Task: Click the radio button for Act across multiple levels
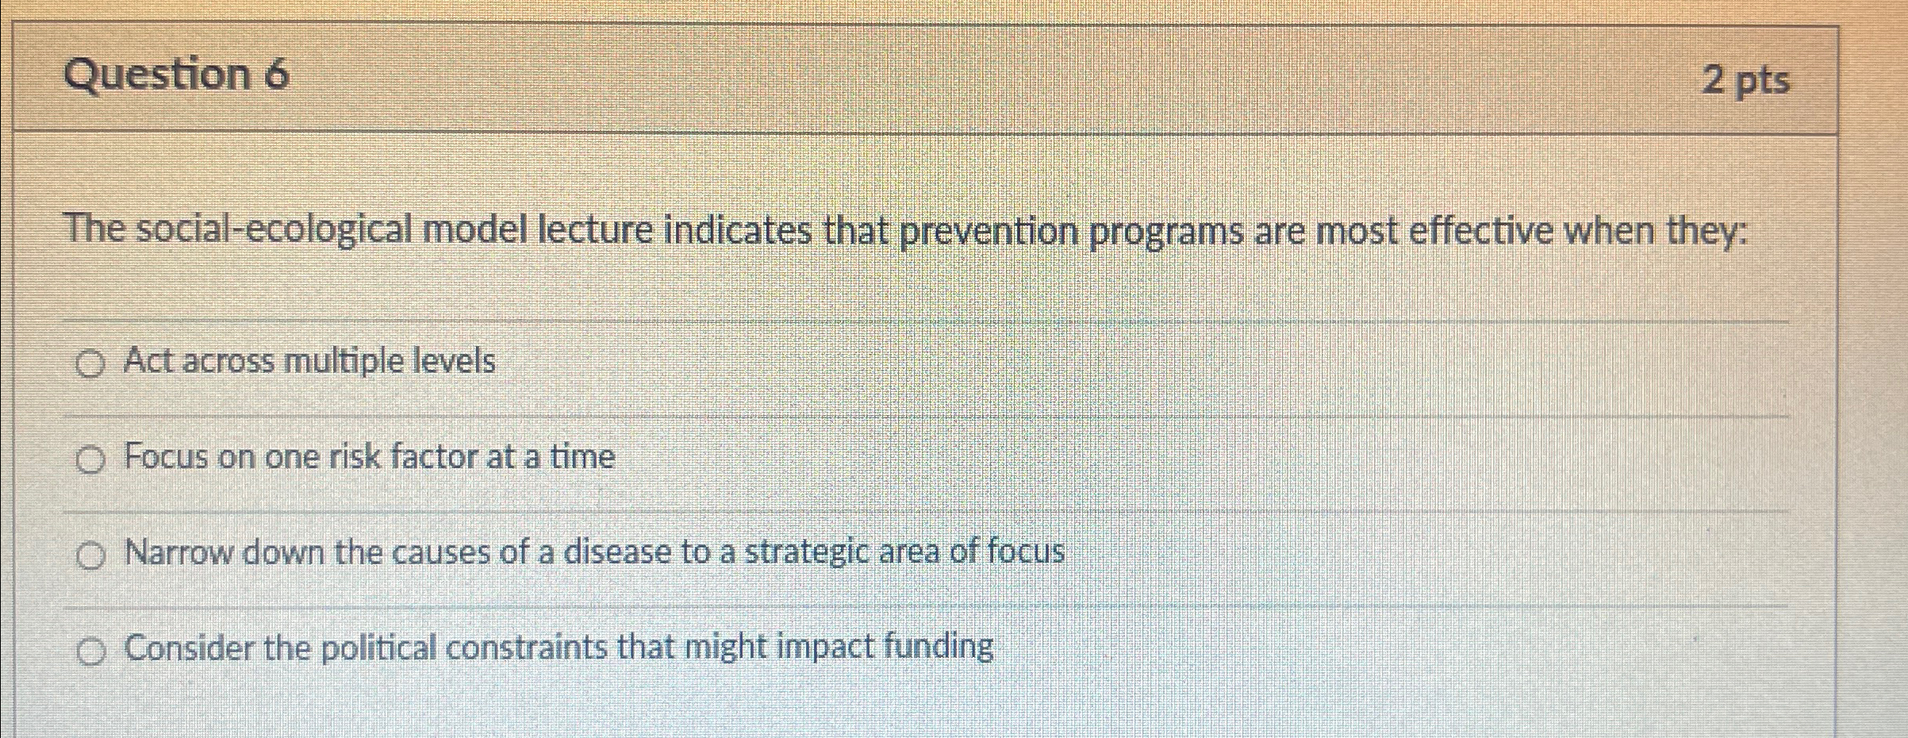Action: click(x=90, y=365)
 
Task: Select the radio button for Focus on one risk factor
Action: click(x=90, y=460)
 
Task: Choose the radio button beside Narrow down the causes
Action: click(x=90, y=556)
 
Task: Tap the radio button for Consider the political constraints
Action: click(x=90, y=652)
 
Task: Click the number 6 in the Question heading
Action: click(x=276, y=75)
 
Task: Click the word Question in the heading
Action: click(x=157, y=75)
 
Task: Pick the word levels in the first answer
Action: click(x=455, y=362)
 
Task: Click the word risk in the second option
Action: click(x=354, y=457)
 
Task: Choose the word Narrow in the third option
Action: click(x=179, y=552)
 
